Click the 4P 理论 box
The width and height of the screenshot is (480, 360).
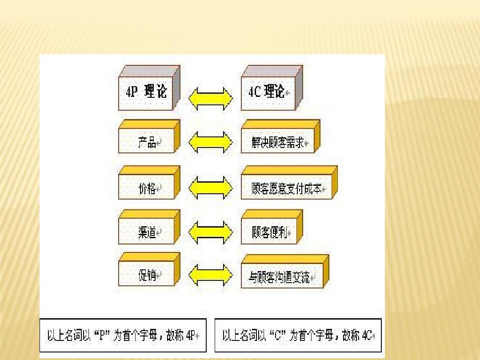coord(149,88)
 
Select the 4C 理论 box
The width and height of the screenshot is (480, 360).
coord(272,88)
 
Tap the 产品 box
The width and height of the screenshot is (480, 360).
coord(149,136)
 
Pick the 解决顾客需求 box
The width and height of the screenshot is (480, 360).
coord(280,136)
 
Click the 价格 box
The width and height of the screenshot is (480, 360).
coord(149,183)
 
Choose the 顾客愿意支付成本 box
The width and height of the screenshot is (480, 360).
coord(289,183)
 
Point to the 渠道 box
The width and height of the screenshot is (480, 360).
coord(149,227)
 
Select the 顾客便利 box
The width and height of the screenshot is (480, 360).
coord(272,227)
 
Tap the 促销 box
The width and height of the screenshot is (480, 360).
coord(149,269)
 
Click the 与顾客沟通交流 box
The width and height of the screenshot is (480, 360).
coord(285,272)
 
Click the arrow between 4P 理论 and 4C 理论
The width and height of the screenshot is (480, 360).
coord(211,99)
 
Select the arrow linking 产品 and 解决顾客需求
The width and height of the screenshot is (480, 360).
coord(211,142)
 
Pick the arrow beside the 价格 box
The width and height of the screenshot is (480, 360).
coord(211,188)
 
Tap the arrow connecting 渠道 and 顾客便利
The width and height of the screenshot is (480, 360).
coord(211,232)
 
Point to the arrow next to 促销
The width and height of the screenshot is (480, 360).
coord(211,275)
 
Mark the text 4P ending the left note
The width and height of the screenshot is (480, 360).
coord(190,336)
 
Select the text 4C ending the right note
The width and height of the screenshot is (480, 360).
coord(367,336)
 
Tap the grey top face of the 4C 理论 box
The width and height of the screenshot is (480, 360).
coord(272,71)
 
